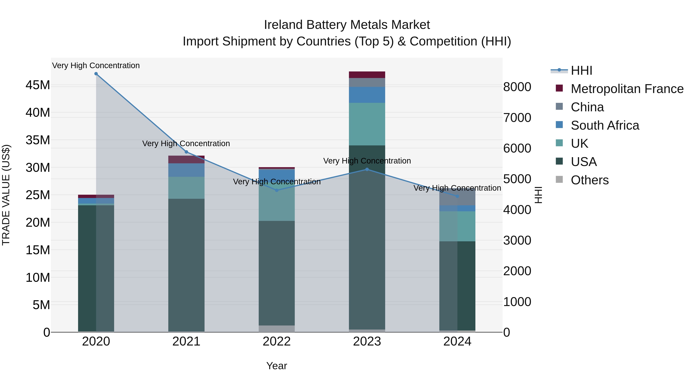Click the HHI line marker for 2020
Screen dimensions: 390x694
coord(96,74)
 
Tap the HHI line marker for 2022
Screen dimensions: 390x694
coord(277,190)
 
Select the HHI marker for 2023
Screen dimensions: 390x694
coord(367,169)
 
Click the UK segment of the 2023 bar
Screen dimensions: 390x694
coord(367,124)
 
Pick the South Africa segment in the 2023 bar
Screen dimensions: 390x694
coord(367,95)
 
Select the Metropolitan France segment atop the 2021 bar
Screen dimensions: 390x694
coord(186,159)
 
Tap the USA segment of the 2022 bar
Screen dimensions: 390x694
coord(277,273)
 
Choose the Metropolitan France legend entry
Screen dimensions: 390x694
coord(627,89)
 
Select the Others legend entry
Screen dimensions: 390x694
coord(590,180)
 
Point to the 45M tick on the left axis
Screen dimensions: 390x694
coord(38,85)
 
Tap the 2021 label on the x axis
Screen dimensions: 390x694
coord(186,341)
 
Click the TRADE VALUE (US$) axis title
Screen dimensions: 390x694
coord(6,195)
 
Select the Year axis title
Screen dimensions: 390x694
coord(277,366)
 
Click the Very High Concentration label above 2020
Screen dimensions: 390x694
coord(96,65)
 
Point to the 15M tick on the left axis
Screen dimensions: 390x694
coord(38,250)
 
